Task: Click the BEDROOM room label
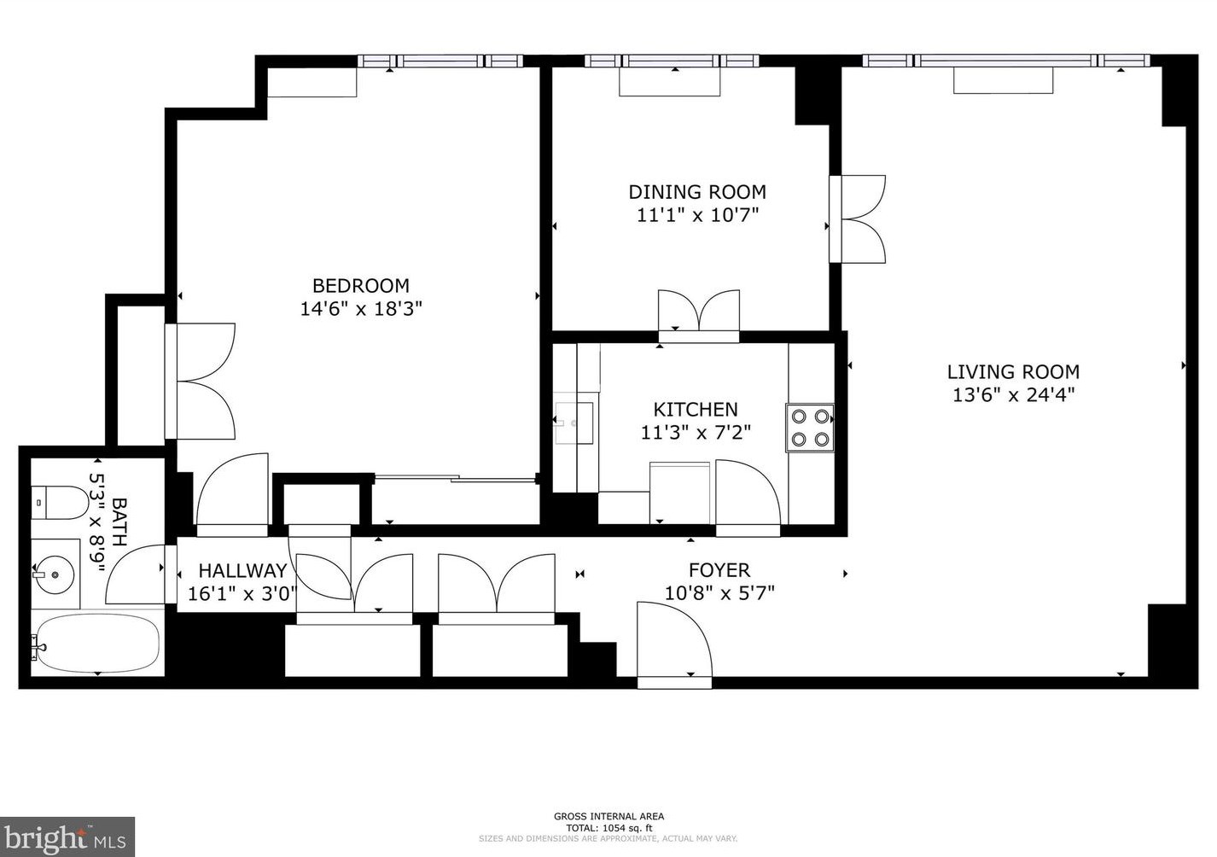(360, 286)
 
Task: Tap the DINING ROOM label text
(697, 192)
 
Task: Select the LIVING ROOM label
(1013, 372)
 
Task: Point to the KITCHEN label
(696, 410)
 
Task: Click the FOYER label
(719, 570)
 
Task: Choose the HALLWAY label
(242, 571)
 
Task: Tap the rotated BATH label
(119, 522)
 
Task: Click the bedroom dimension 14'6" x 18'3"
(361, 309)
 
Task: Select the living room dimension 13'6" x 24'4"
(1013, 395)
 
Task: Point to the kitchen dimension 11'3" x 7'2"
(696, 433)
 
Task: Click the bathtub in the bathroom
(97, 644)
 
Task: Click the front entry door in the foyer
(674, 642)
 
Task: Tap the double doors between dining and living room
(858, 219)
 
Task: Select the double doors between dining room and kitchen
(699, 314)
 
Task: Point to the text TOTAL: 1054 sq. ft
(608, 828)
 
